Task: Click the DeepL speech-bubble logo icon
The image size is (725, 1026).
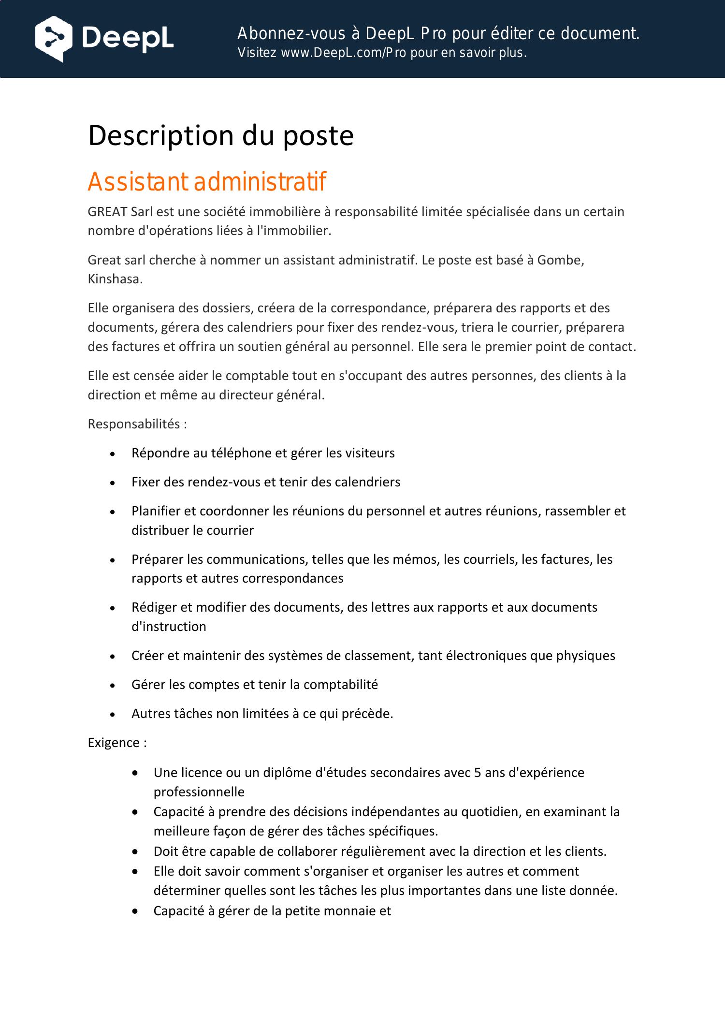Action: tap(54, 39)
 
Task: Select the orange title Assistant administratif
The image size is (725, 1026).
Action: tap(207, 182)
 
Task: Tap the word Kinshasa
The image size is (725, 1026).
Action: tap(114, 279)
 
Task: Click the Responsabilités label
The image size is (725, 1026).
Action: tap(134, 424)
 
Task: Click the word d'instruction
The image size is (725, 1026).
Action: tap(169, 627)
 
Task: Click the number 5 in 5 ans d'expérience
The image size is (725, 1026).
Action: tap(478, 773)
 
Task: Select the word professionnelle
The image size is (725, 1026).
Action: tap(199, 792)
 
